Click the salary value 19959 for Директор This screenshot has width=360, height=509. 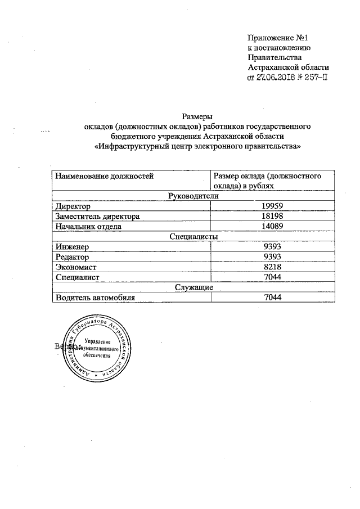(272, 206)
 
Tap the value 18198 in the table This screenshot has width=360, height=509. (272, 216)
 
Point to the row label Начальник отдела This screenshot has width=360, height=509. (87, 226)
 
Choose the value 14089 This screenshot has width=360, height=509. (272, 226)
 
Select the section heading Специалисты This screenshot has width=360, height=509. (193, 236)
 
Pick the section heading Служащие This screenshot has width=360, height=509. (193, 287)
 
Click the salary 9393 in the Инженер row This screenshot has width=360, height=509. (272, 246)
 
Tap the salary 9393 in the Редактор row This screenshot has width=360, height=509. (272, 257)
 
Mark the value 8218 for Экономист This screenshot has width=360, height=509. (272, 267)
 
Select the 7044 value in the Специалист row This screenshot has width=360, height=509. (272, 277)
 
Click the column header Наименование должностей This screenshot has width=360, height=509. (104, 176)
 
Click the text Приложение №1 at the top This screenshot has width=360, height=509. (279, 38)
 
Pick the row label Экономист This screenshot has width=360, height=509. (76, 267)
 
